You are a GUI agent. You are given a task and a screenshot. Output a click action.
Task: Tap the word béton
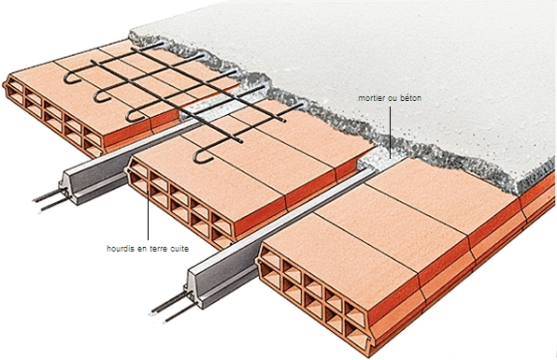[x=410, y=98]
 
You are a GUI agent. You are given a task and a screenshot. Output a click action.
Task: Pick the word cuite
[x=179, y=249]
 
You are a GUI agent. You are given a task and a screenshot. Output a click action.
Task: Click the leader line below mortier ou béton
[x=390, y=133]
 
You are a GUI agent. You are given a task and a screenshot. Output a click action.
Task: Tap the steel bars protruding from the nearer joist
[x=170, y=309]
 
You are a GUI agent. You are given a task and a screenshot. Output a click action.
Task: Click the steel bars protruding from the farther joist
[x=50, y=201]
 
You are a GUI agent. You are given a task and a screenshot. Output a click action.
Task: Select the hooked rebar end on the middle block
[x=203, y=157]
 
